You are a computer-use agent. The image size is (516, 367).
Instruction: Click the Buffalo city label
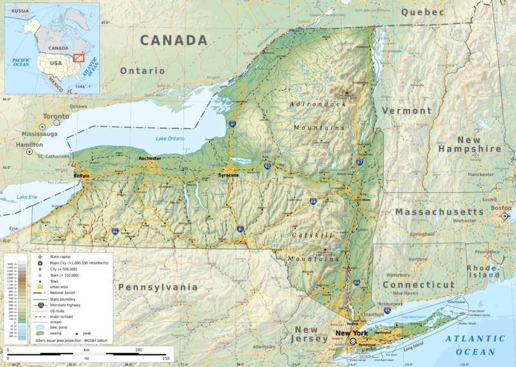[x=81, y=175]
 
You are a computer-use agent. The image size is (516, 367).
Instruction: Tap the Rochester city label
[x=149, y=158]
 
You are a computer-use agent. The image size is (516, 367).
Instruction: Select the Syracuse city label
[x=228, y=175]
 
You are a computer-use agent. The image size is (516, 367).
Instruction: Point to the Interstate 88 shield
[x=313, y=202]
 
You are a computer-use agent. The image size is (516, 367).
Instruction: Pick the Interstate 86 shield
[x=115, y=231]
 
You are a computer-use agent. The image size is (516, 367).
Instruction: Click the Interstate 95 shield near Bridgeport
[x=387, y=311]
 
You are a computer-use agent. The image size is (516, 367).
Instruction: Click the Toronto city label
[x=55, y=117]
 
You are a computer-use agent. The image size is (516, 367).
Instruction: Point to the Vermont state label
[x=406, y=111]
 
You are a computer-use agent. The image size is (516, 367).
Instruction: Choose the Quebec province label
[x=422, y=12]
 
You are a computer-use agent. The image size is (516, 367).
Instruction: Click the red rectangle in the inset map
[x=79, y=57]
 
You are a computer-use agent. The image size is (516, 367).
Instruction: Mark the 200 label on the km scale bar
[x=138, y=348]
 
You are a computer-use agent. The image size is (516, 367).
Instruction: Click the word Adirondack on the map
[x=318, y=104]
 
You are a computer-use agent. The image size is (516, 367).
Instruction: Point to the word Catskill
[x=313, y=235]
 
